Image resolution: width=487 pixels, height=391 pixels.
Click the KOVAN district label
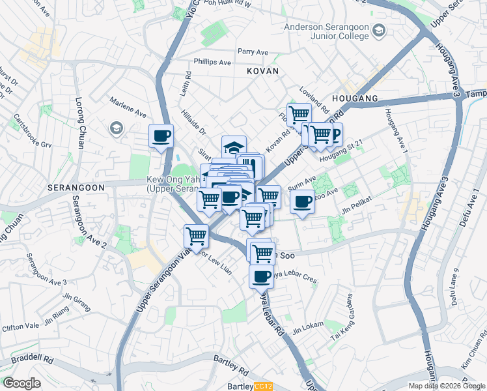(262, 70)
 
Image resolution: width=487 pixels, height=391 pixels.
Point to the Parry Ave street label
(253, 52)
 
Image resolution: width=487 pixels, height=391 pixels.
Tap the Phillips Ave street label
(212, 63)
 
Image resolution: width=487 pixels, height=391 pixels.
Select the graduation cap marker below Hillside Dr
(234, 147)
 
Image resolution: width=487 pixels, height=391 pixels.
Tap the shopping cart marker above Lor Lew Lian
(196, 237)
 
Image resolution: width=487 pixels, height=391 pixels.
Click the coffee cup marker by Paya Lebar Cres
(261, 276)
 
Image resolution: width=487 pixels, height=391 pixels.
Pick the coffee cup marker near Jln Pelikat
(302, 202)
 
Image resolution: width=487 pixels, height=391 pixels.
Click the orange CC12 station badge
(263, 386)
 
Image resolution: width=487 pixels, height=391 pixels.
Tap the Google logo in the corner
(21, 383)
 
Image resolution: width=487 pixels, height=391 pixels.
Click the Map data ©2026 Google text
(447, 386)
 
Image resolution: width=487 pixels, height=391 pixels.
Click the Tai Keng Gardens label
(345, 319)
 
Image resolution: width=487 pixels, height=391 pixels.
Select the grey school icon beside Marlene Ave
(117, 127)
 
